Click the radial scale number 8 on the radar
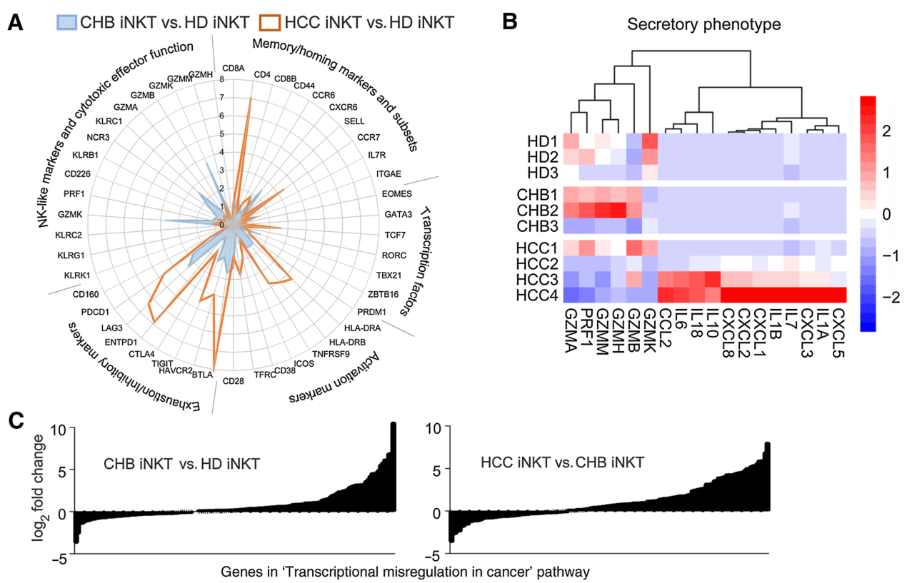222,79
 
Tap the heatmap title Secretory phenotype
703,24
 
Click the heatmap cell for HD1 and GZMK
650,141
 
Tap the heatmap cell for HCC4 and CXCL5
838,295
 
